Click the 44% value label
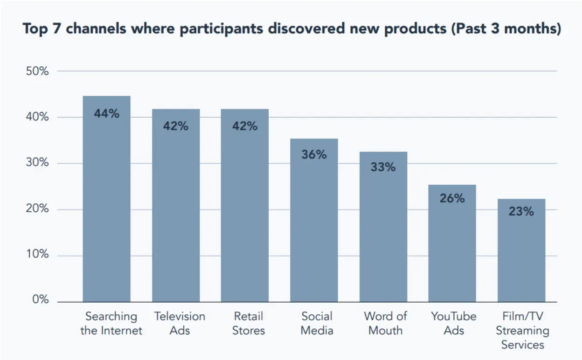point(107,113)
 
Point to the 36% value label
point(314,154)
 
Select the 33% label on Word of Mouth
point(383,166)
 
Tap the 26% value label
point(452,198)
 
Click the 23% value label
point(521,211)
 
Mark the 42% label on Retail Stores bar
point(245,126)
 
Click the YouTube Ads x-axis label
point(453,323)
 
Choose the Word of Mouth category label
point(385,323)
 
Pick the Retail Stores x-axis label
point(249,323)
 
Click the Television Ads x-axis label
point(180,323)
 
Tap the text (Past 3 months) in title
point(506,29)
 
